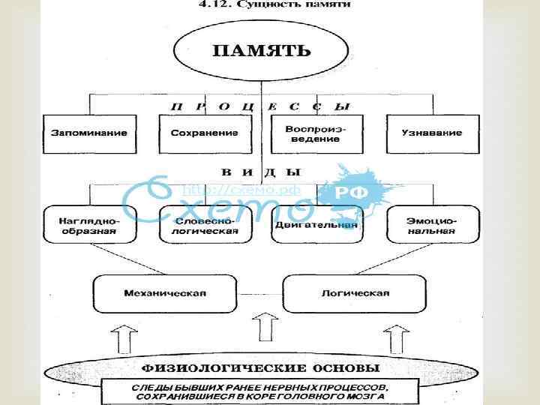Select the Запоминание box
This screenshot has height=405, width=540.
89,133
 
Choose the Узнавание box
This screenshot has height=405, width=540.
430,133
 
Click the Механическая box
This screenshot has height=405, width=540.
155,292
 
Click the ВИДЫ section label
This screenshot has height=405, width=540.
255,172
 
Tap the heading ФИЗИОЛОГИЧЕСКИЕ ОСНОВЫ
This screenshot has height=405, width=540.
261,368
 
